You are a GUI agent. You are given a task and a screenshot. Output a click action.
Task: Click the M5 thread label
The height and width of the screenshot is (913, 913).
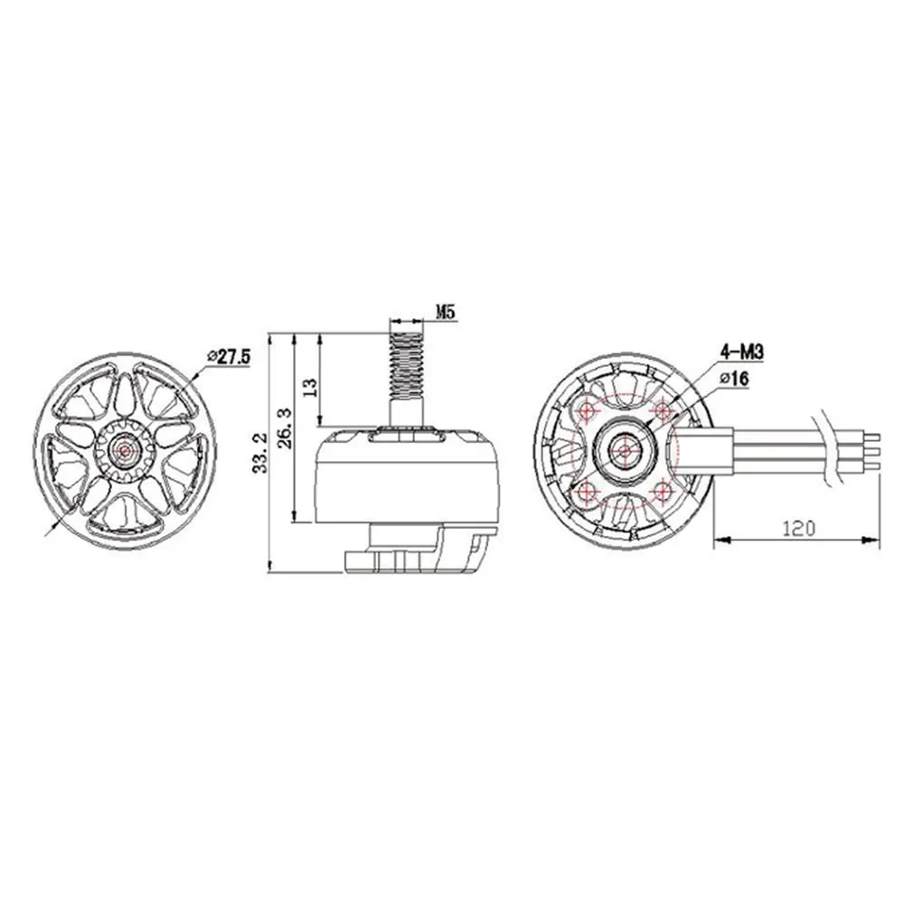[445, 313]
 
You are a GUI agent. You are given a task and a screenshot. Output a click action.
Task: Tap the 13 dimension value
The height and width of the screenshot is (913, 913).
[310, 387]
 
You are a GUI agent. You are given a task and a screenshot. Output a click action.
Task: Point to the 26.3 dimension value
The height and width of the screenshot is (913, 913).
[286, 428]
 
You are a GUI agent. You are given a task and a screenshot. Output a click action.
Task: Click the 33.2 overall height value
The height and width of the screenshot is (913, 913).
[259, 451]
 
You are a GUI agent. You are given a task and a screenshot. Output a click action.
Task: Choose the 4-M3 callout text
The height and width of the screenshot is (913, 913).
[742, 352]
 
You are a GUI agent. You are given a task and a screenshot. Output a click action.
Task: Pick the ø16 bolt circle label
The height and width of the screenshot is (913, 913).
[735, 379]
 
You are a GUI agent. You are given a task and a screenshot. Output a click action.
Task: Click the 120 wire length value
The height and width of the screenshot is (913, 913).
[799, 528]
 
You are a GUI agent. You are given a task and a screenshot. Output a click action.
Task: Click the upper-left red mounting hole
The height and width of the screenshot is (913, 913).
[587, 410]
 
